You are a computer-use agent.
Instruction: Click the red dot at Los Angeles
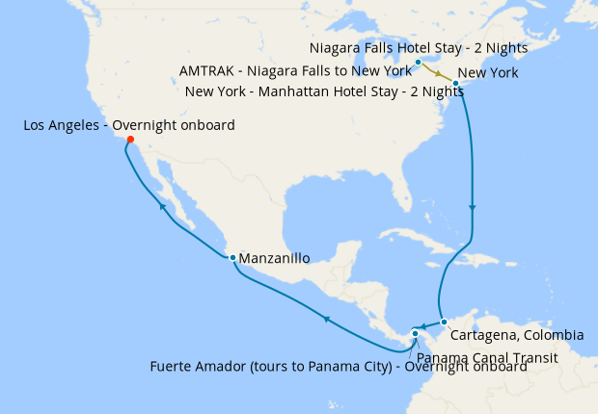click(130, 140)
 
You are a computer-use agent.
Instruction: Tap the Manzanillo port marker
click(232, 257)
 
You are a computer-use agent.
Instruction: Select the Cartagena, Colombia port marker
click(444, 322)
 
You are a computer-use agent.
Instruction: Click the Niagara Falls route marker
click(418, 63)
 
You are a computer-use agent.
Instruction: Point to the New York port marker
click(455, 84)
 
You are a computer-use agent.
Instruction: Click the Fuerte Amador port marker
click(415, 334)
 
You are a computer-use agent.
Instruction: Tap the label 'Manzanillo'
click(274, 259)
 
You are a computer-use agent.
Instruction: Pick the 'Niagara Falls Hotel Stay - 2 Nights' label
click(419, 47)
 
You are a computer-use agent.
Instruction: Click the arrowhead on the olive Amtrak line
click(440, 74)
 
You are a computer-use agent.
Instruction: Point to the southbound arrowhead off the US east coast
click(472, 208)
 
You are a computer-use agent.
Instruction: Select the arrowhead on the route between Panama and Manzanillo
click(327, 319)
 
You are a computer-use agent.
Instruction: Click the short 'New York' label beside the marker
click(488, 73)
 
